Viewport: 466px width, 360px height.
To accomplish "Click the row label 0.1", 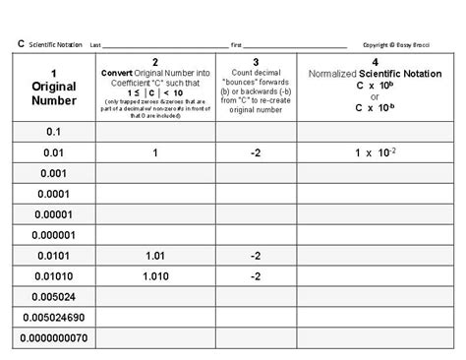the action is tap(54, 131).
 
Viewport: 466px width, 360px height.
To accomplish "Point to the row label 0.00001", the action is tap(54, 213).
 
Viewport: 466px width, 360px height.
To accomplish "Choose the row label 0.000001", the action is tap(54, 234).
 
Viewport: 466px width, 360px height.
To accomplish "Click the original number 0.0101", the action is tap(54, 256).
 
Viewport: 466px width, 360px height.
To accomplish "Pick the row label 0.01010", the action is tap(54, 276).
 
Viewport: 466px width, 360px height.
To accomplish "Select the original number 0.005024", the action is tap(54, 296).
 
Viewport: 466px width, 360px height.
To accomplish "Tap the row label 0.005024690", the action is tap(54, 318).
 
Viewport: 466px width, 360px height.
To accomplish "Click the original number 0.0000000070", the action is tap(54, 338).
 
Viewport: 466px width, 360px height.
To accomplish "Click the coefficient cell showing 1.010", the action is tap(155, 276).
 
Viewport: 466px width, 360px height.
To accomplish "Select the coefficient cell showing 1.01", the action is tap(155, 256).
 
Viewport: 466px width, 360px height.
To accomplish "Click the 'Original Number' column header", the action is tap(54, 87).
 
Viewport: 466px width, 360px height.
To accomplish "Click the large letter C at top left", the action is tap(20, 44).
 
